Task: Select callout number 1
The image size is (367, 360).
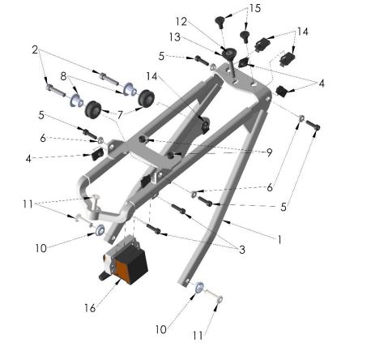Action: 280,241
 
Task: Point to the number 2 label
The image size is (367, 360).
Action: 36,50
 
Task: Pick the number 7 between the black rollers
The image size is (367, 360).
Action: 120,114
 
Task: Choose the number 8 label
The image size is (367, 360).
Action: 62,76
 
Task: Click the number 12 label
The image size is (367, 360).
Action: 181,22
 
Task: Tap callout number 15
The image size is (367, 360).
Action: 255,9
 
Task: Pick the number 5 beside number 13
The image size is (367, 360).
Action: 161,56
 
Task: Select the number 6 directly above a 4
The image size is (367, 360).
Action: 43,139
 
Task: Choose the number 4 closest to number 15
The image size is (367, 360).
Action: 322,83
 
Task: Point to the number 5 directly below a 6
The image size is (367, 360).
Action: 284,208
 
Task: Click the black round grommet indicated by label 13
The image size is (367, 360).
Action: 229,55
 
